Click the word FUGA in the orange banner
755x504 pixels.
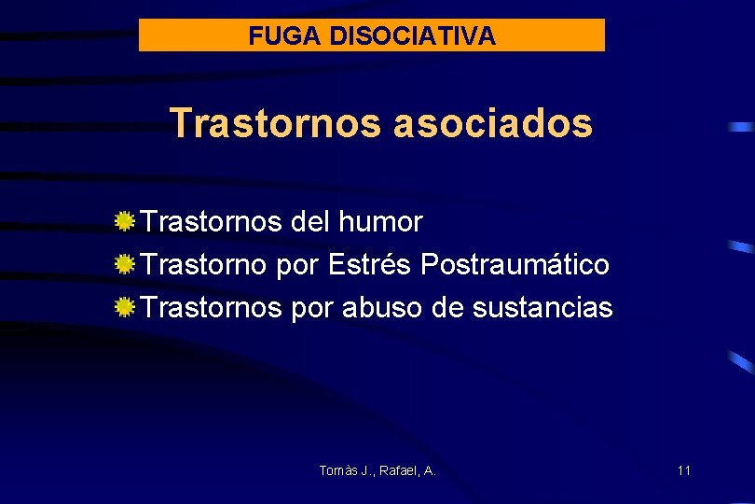(273, 36)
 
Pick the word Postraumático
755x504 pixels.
(515, 265)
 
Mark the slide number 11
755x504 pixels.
(684, 470)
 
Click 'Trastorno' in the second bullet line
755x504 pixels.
(204, 265)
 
